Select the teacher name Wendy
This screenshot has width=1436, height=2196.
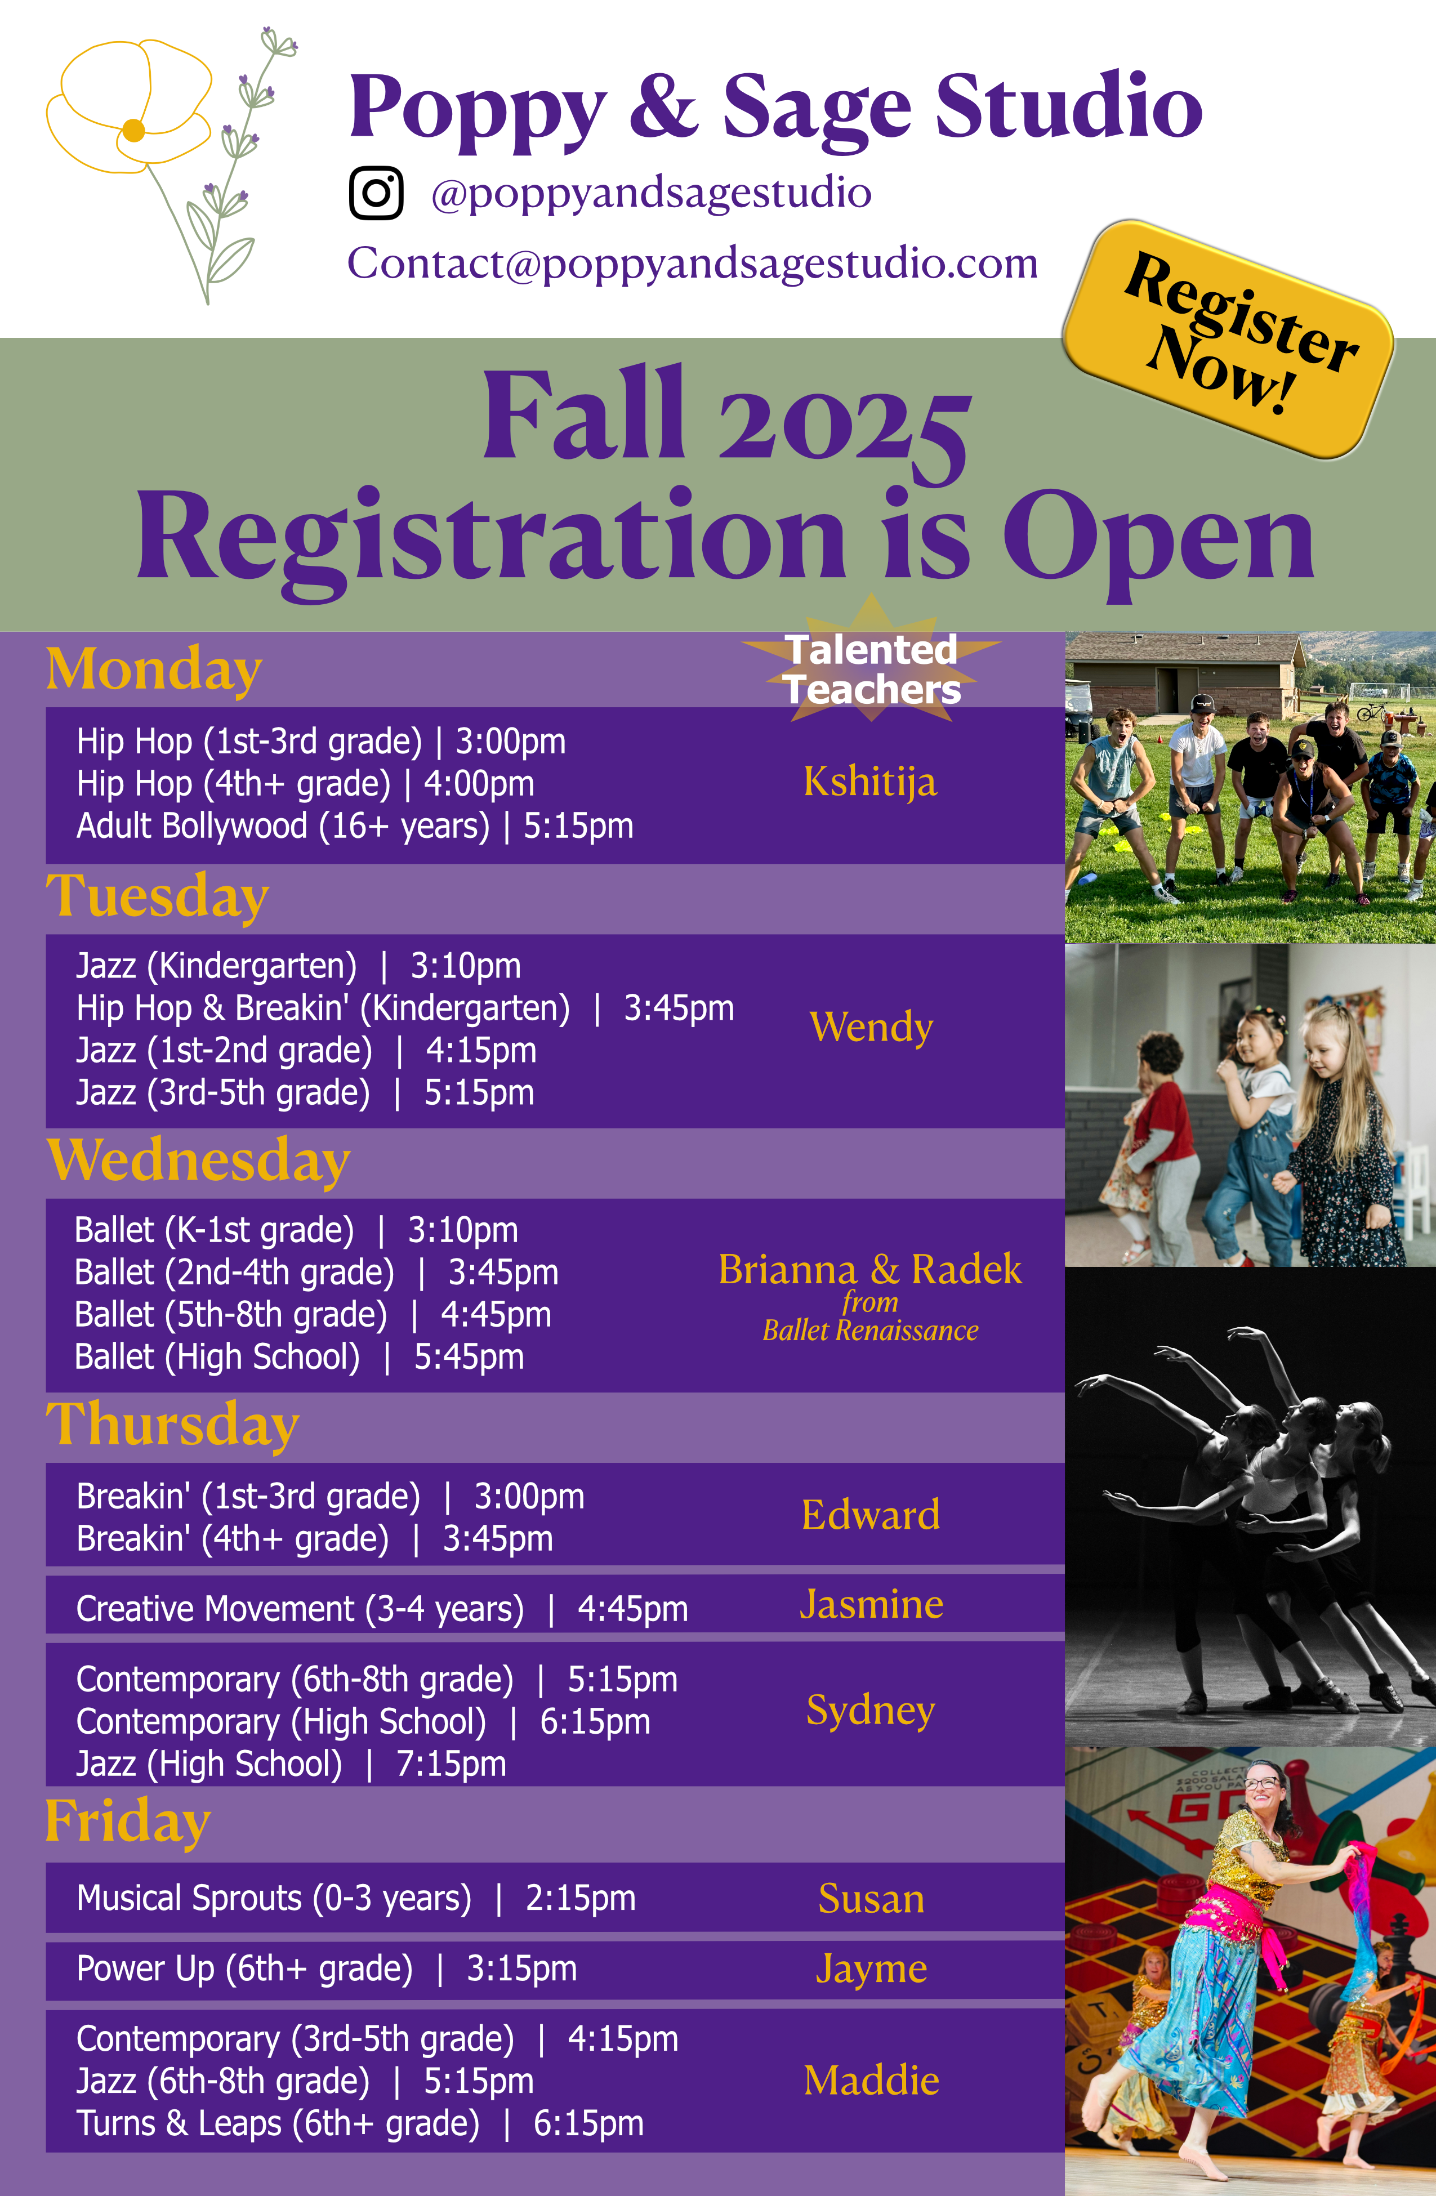pyautogui.click(x=871, y=1027)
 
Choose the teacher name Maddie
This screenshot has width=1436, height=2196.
pyautogui.click(x=871, y=2081)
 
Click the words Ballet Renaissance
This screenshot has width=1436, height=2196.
pyautogui.click(x=870, y=1331)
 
